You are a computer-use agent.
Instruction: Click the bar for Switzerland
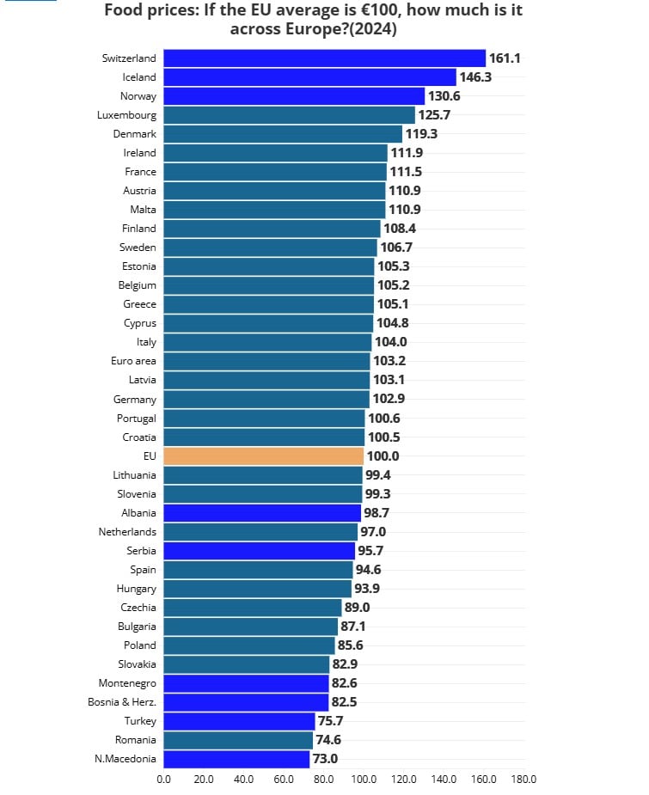click(x=324, y=58)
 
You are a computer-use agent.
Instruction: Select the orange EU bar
click(x=263, y=456)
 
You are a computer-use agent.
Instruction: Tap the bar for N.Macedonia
click(x=236, y=759)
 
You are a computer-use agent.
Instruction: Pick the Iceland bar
click(x=309, y=77)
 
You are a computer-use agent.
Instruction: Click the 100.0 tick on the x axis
click(x=364, y=780)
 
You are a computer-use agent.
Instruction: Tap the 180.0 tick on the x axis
click(x=523, y=780)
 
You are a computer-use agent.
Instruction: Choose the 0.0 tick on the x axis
click(x=163, y=780)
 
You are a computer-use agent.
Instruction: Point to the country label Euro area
click(x=133, y=361)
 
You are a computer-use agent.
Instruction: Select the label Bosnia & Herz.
click(x=127, y=702)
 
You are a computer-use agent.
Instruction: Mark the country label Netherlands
click(x=127, y=532)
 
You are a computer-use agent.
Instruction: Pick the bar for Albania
click(x=261, y=513)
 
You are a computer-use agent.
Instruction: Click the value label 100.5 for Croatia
click(x=383, y=437)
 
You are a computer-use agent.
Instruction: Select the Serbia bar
click(x=259, y=551)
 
